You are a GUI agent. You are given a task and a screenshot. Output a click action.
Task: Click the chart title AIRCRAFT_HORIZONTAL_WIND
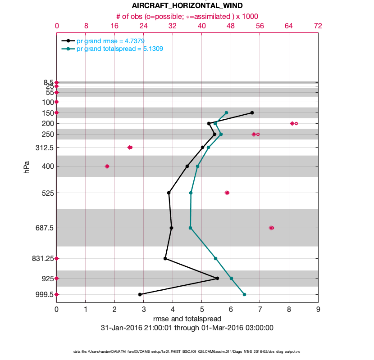[187, 6]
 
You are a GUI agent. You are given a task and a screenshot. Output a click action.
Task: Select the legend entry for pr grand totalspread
[119, 49]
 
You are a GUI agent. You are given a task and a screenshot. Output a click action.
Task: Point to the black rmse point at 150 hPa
[252, 112]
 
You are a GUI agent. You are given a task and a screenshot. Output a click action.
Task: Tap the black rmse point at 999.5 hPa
[140, 294]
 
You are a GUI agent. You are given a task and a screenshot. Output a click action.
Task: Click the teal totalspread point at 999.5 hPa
[244, 294]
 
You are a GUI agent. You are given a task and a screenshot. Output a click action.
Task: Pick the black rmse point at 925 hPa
[217, 278]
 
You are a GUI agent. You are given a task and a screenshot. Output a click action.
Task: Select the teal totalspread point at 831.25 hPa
[215, 258]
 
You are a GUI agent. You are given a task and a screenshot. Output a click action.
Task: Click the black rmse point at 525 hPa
[169, 193]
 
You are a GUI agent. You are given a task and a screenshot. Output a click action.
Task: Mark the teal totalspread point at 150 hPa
[226, 112]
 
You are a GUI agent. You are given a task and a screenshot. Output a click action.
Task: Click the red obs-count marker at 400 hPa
[107, 166]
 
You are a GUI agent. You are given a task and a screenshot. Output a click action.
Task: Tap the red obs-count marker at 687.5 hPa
[271, 228]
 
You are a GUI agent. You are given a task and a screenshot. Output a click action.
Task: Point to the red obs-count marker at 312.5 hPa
[130, 147]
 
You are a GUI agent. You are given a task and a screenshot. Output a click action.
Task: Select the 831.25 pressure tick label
[42, 258]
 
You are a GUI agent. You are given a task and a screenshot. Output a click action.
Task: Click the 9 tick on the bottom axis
[318, 310]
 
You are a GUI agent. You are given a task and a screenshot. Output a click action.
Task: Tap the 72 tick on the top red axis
[318, 26]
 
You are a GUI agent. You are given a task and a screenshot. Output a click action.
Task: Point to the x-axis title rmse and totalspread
[187, 319]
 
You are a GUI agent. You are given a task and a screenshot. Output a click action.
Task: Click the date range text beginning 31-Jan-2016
[187, 328]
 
